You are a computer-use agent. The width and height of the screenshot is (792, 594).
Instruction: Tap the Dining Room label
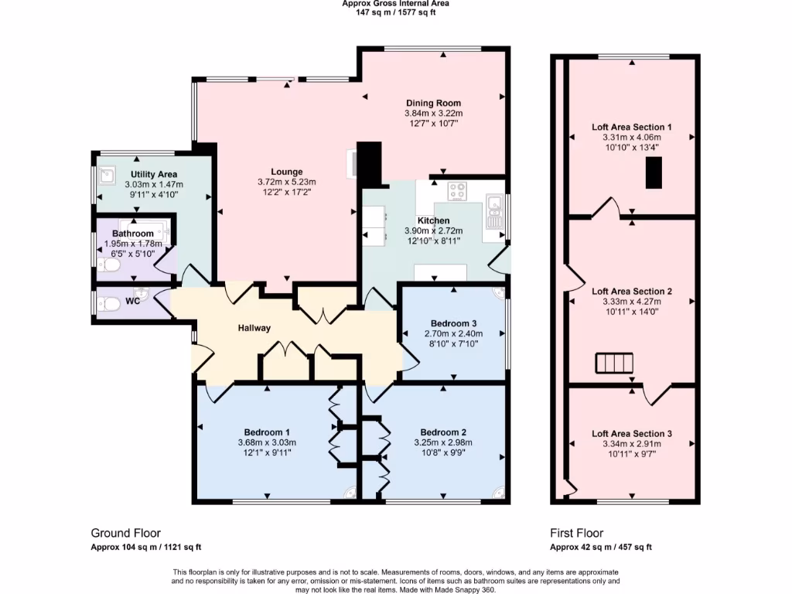click(433, 103)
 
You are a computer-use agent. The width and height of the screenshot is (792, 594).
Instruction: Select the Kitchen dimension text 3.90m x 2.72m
click(433, 230)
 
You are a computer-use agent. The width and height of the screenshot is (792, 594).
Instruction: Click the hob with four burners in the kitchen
click(457, 189)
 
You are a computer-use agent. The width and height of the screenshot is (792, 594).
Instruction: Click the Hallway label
click(254, 328)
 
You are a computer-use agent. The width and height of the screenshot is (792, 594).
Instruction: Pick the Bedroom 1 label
click(267, 432)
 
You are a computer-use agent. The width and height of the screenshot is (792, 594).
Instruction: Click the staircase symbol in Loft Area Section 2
click(614, 363)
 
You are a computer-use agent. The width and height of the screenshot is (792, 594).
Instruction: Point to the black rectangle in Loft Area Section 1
click(654, 172)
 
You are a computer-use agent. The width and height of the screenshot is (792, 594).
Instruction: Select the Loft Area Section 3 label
click(631, 434)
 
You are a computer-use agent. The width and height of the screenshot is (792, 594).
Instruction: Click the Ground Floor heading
click(125, 533)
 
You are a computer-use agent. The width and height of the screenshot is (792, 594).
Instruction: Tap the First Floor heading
click(576, 533)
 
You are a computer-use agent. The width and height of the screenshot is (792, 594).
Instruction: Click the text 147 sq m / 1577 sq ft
click(395, 12)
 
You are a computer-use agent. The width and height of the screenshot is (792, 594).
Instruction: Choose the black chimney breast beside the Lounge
click(370, 163)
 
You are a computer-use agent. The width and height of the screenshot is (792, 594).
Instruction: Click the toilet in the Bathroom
click(109, 265)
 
